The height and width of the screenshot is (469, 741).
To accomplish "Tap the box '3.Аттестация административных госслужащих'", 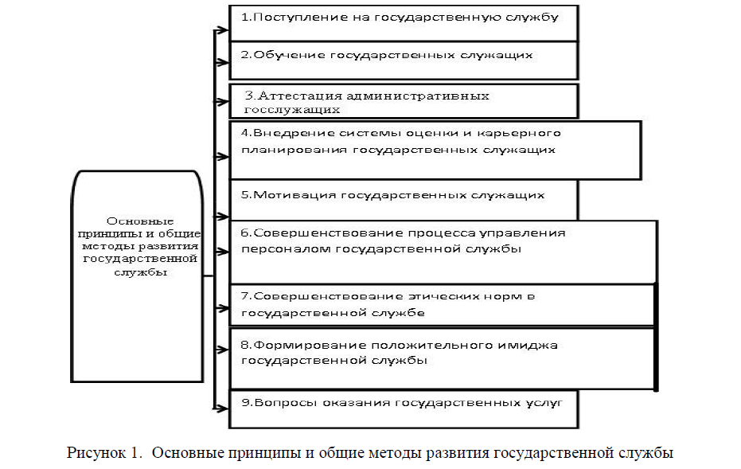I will click(403, 101).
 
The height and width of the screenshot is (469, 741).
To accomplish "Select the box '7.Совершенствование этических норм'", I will click(441, 304).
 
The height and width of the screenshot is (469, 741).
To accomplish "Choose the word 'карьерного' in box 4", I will click(531, 133).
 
